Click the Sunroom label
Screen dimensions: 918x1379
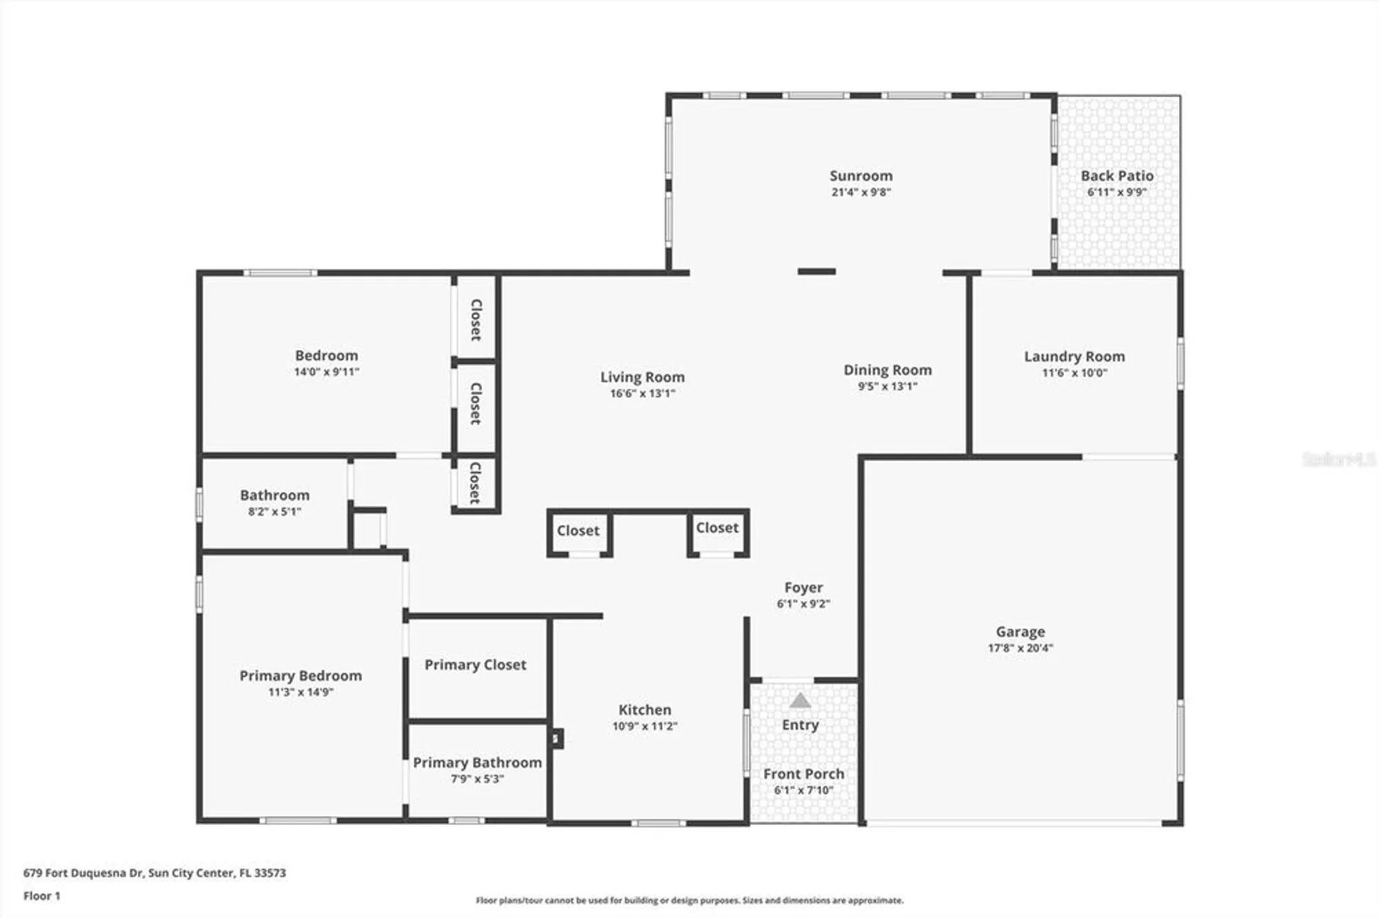pos(860,176)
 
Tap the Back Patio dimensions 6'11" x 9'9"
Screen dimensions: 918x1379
pos(1116,192)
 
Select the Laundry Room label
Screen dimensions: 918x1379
pos(1074,356)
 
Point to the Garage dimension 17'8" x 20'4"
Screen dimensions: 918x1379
pos(1020,648)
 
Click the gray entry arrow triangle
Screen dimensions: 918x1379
pos(800,701)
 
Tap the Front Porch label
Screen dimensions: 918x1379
pos(803,774)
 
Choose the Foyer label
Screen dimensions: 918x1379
pos(803,587)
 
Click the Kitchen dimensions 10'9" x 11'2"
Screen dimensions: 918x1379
pos(645,726)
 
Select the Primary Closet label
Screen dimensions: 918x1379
pos(475,664)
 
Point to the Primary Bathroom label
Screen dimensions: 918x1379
pos(477,762)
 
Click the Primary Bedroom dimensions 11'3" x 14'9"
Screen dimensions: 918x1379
pos(301,692)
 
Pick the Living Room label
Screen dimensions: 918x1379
pos(642,377)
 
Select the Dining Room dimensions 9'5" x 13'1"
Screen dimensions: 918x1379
pos(887,387)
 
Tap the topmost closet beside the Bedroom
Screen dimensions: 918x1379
pos(476,319)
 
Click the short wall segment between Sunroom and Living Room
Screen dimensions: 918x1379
pos(816,272)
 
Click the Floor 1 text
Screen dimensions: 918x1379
pos(41,896)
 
